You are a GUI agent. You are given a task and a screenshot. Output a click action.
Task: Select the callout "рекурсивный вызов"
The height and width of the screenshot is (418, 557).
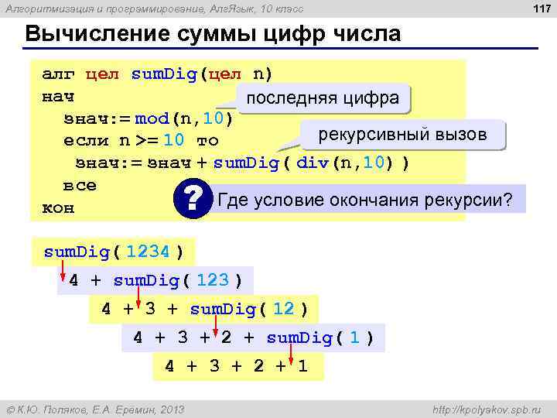point(402,135)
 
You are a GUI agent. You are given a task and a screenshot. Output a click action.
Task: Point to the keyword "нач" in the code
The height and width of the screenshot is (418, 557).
point(57,98)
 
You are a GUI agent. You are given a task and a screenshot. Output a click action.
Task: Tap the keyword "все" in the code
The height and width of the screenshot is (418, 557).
point(80,186)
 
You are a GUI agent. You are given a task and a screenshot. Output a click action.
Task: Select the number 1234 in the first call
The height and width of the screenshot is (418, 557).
point(148,252)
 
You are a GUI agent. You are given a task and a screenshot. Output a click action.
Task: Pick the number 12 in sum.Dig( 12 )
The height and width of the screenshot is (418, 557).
point(283,309)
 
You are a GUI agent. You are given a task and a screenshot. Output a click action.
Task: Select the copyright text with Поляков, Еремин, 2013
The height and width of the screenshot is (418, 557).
point(95,409)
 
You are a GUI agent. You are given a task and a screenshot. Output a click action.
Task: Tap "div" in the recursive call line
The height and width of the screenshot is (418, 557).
point(313,164)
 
